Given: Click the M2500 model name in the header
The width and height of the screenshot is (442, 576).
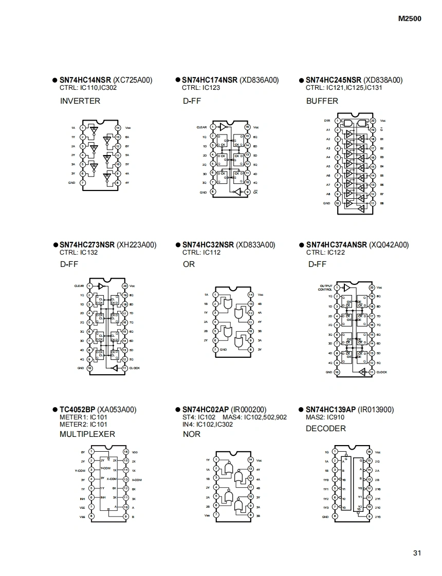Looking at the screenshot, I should point(410,19).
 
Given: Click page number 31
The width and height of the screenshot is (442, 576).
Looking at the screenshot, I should point(417,553).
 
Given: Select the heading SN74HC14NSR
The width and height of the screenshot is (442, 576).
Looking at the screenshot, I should point(85,80).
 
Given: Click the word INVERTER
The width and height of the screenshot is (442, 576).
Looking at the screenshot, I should point(80,101).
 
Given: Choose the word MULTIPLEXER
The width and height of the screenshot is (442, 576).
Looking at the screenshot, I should point(87,434).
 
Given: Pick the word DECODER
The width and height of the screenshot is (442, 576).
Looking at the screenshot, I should point(326,429).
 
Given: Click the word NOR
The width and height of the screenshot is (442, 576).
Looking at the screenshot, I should point(192,434).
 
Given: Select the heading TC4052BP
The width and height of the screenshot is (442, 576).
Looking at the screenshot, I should point(78,410).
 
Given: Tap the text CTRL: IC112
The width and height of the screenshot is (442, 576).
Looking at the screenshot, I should point(201,252).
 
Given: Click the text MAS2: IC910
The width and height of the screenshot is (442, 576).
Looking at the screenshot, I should point(325,417).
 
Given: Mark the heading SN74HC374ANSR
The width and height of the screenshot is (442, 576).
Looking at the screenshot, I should point(337,245).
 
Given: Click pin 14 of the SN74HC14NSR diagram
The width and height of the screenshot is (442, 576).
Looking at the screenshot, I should point(118,128).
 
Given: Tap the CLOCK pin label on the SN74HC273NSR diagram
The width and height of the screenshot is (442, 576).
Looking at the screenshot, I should point(135,368).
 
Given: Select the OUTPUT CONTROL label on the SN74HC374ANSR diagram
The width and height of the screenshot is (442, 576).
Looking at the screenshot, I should point(326,287).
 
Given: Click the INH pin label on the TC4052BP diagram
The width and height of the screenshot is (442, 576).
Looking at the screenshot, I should point(82,497).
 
